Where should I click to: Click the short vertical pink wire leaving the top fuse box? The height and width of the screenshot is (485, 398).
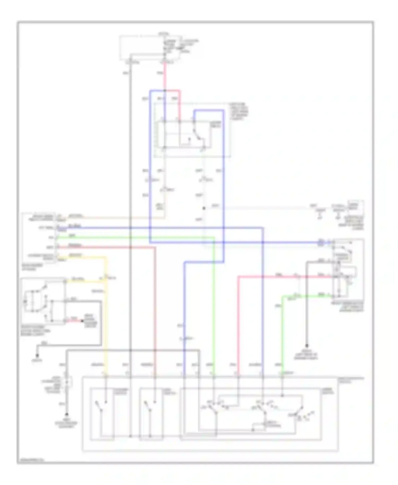pyautogui.click(x=165, y=77)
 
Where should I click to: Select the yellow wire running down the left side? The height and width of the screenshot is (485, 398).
pyautogui.click(x=106, y=318)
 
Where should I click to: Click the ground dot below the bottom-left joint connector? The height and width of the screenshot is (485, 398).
pyautogui.click(x=67, y=414)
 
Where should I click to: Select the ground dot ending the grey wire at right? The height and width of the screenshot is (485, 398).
pyautogui.click(x=307, y=345)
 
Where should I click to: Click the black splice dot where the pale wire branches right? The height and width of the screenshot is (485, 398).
pyautogui.click(x=204, y=208)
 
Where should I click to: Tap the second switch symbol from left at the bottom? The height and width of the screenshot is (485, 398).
pyautogui.click(x=150, y=407)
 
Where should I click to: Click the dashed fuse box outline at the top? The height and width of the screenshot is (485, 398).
pyautogui.click(x=150, y=48)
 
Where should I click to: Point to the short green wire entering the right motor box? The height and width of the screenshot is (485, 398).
pyautogui.click(x=313, y=295)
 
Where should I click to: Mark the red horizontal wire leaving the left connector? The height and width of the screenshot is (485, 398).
pyautogui.click(x=106, y=247)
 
